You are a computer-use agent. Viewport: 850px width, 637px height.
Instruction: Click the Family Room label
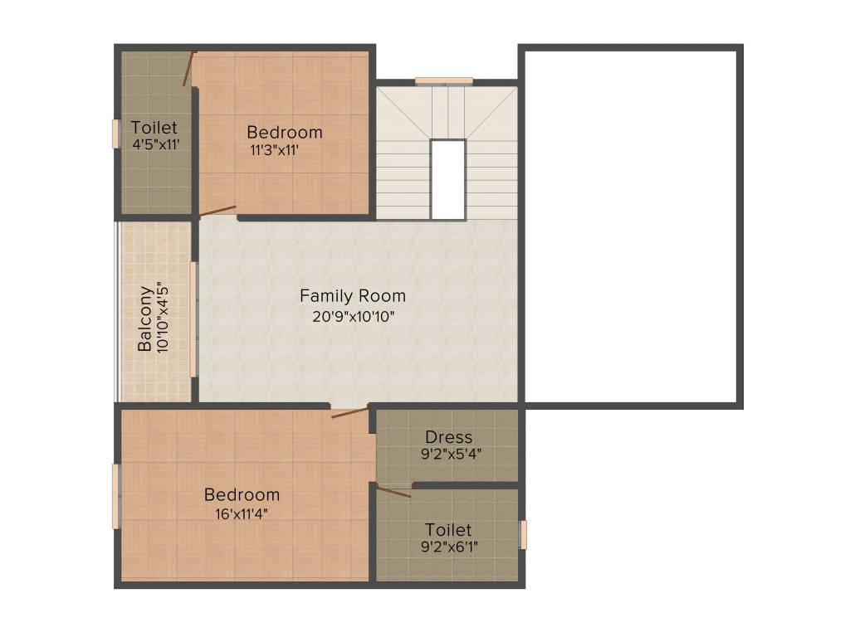(x=353, y=295)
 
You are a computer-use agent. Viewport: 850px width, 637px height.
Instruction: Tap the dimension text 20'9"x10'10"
(x=353, y=315)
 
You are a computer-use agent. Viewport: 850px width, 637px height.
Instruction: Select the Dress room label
(x=448, y=436)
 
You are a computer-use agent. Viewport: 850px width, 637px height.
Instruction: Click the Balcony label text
(x=145, y=318)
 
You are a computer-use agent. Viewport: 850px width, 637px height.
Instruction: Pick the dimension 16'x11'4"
(x=242, y=513)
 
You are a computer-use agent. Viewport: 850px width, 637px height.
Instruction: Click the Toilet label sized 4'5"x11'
(x=154, y=128)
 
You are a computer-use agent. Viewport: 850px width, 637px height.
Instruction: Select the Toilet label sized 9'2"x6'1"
(x=448, y=529)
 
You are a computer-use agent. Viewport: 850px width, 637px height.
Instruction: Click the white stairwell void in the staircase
(x=447, y=178)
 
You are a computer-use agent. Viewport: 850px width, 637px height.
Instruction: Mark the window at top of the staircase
(x=444, y=80)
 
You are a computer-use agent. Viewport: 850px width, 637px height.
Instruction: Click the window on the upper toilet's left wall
(x=116, y=134)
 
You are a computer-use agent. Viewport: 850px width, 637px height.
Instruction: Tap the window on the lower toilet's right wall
(x=523, y=534)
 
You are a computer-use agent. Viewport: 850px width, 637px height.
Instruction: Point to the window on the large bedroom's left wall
(x=116, y=496)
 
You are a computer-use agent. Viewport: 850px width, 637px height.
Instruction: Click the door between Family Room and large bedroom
(x=349, y=411)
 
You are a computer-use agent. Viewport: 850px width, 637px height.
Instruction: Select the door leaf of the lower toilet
(x=393, y=492)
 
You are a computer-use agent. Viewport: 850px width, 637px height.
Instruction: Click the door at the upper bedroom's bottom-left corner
(x=217, y=211)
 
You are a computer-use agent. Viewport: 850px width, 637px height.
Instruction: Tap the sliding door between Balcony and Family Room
(x=194, y=319)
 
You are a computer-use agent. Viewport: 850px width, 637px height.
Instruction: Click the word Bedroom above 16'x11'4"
(x=242, y=494)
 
